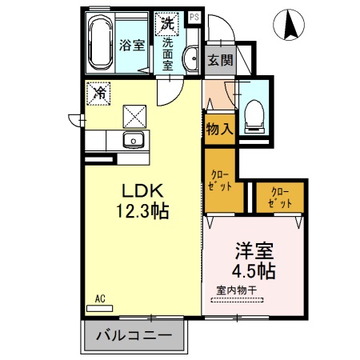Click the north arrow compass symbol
(290, 25)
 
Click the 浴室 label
(133, 46)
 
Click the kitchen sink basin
(133, 142)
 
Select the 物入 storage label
(218, 128)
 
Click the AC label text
(101, 298)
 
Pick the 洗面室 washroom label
(168, 54)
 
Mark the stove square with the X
(133, 117)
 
